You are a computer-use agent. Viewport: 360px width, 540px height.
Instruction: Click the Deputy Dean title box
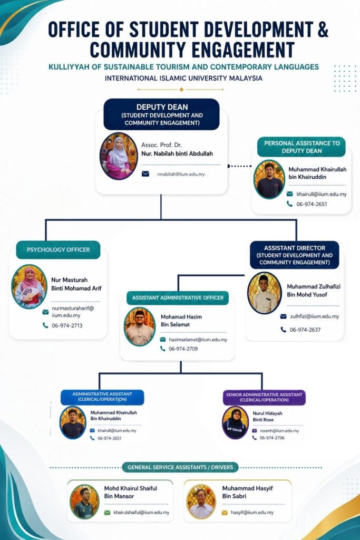coord(161,114)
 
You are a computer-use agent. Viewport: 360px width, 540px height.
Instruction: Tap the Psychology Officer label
coord(58,249)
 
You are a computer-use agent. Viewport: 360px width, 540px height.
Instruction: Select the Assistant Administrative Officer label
coord(178,298)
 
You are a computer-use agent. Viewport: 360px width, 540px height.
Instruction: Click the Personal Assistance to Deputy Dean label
coord(301,147)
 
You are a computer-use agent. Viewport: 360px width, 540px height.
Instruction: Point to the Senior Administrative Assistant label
coord(264,398)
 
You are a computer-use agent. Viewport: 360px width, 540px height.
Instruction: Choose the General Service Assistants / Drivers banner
coord(180,467)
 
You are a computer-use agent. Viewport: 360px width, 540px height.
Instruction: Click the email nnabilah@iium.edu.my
coord(181,174)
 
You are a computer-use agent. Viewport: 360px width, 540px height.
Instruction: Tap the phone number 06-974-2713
coord(67,325)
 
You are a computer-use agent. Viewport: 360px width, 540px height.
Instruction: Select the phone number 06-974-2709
coord(183,349)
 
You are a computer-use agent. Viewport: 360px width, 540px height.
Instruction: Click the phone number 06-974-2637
coord(305,330)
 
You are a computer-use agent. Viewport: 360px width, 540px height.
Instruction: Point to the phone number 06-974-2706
coord(272,438)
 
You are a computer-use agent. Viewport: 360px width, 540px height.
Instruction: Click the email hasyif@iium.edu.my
coord(252,513)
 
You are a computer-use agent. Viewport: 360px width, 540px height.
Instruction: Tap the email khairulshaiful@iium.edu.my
coord(141,513)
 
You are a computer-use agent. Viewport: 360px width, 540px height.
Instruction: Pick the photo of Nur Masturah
coord(29,286)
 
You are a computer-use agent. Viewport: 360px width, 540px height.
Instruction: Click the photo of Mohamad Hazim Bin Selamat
coord(139,327)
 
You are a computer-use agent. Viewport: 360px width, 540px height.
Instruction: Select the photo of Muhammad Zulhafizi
coord(264,293)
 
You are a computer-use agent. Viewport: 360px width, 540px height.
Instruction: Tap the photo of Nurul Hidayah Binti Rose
coord(236,422)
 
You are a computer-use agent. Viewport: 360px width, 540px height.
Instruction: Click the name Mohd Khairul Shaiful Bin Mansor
coord(130,492)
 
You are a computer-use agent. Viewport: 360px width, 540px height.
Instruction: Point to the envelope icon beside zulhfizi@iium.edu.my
coord(283,316)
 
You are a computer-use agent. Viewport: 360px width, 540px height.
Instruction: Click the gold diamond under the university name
coord(181,90)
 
